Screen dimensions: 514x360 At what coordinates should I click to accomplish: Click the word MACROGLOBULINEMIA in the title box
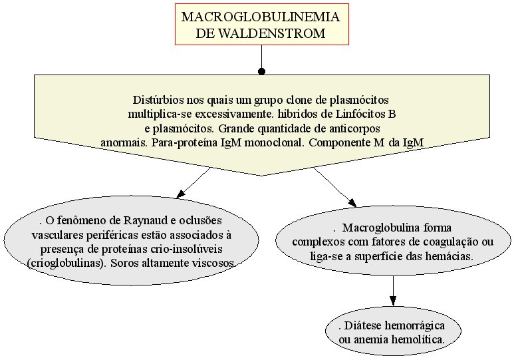pos(261,17)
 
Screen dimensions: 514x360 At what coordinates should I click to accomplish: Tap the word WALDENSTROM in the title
pos(272,33)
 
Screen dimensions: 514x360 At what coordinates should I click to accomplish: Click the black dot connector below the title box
pos(261,71)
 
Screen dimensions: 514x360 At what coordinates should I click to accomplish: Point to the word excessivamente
pos(235,114)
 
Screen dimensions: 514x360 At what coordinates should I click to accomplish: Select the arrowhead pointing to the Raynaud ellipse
pos(181,194)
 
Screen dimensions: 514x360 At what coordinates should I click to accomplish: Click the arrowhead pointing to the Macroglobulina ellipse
pos(352,203)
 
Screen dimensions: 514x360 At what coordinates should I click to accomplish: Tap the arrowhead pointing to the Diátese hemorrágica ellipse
pos(393,301)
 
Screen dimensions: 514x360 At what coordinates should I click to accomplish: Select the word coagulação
pos(451,242)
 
